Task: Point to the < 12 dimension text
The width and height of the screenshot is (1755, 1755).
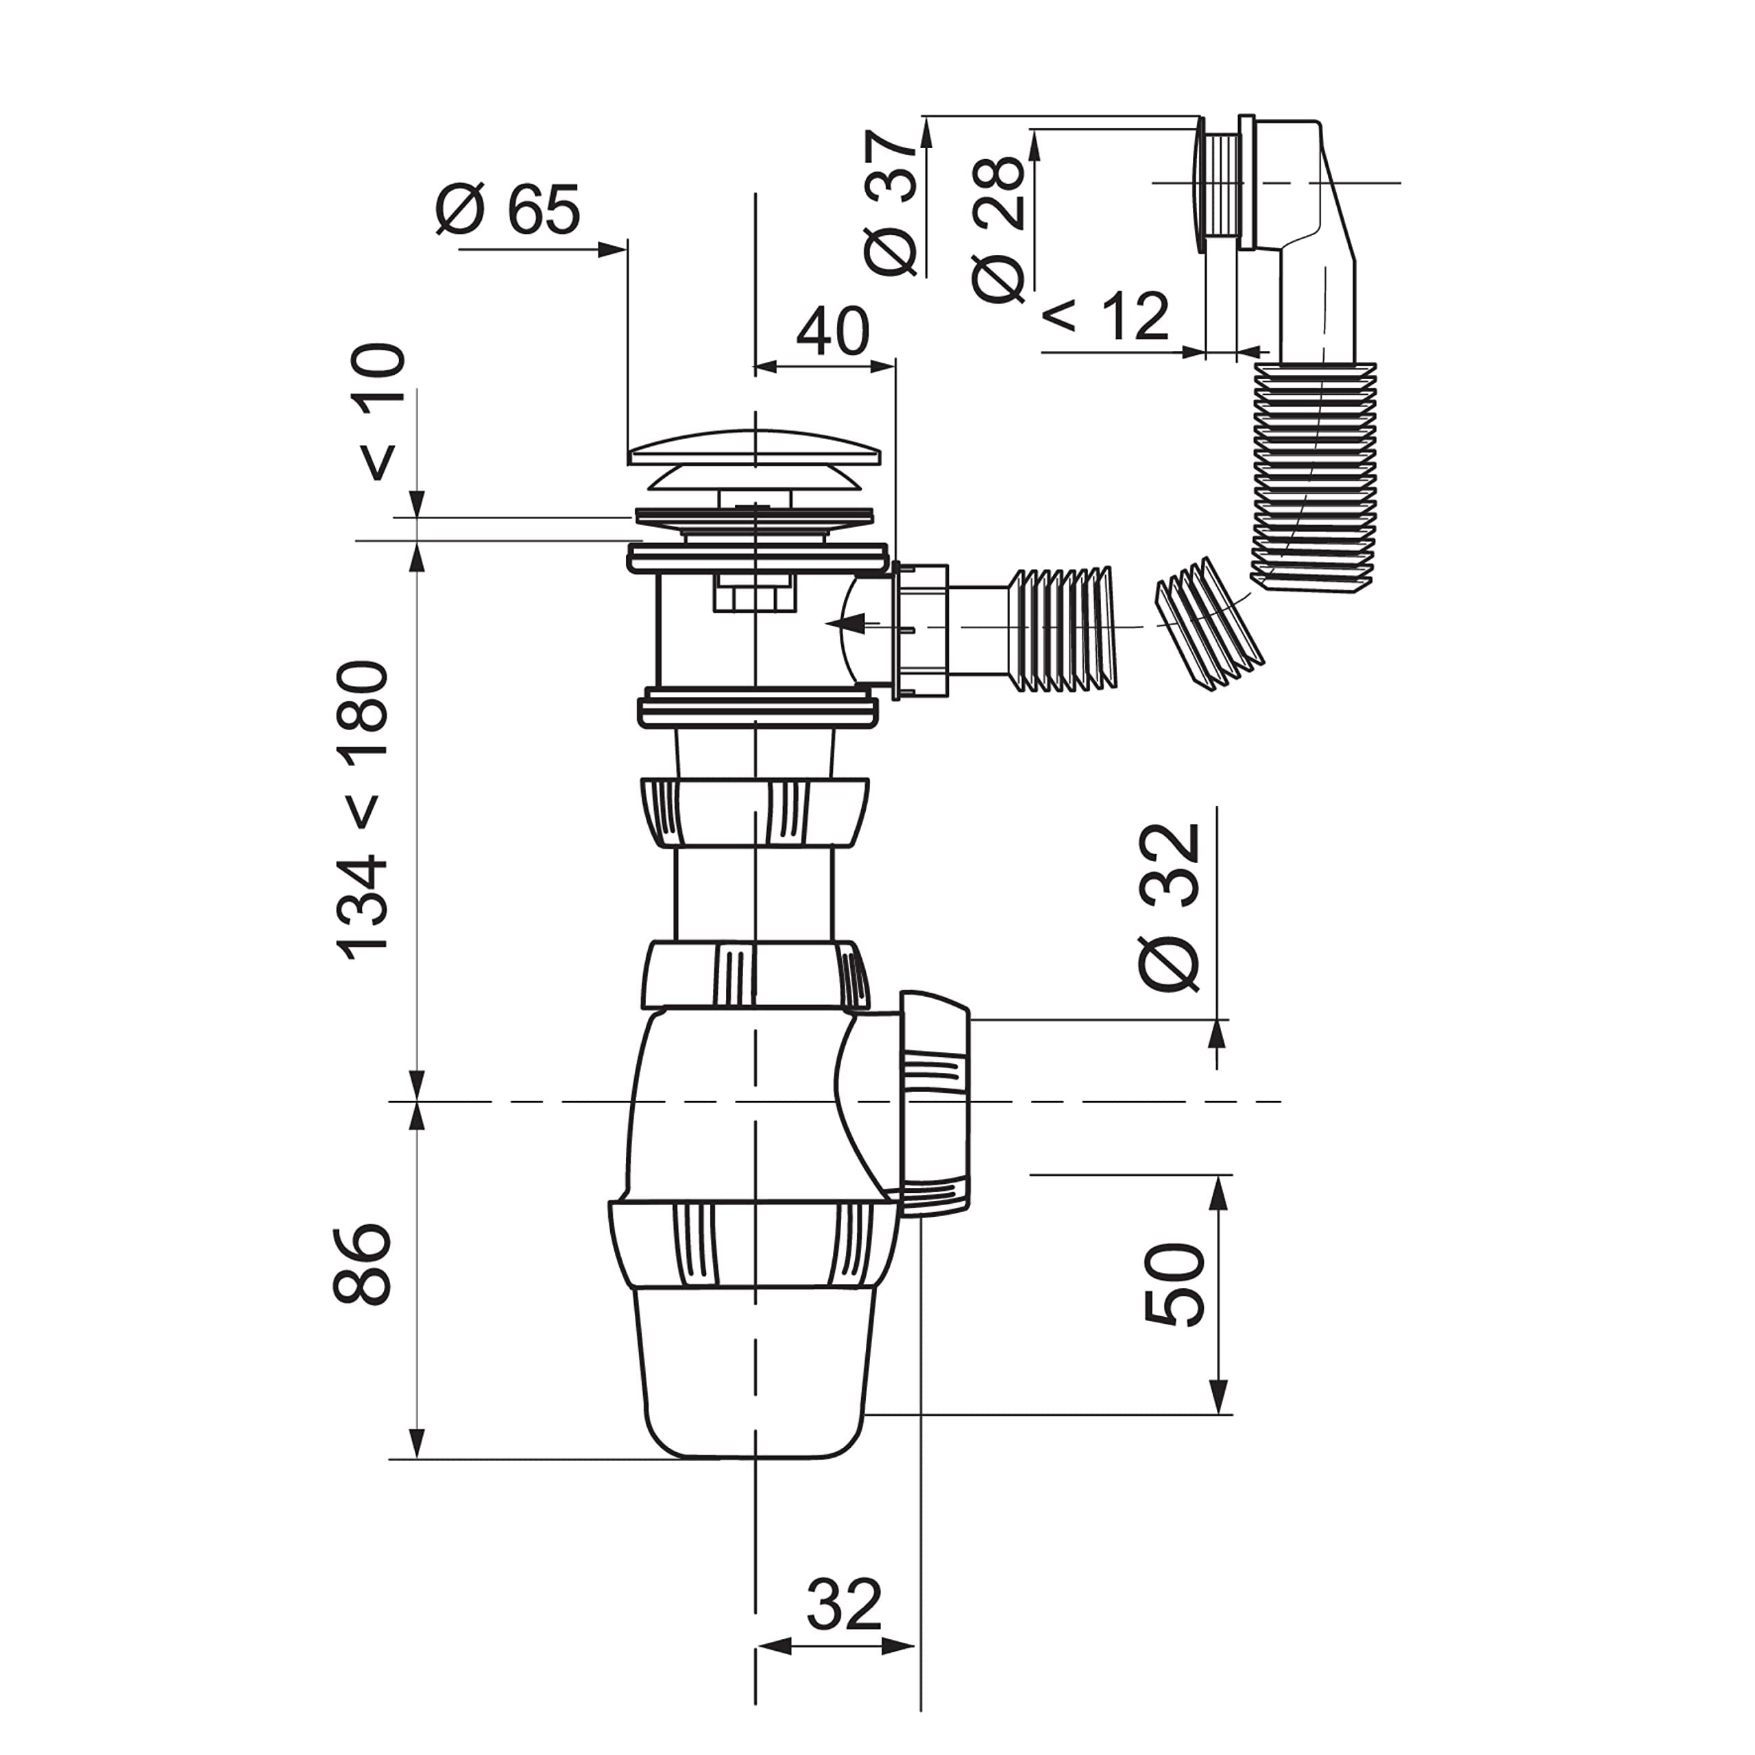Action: [1106, 315]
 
